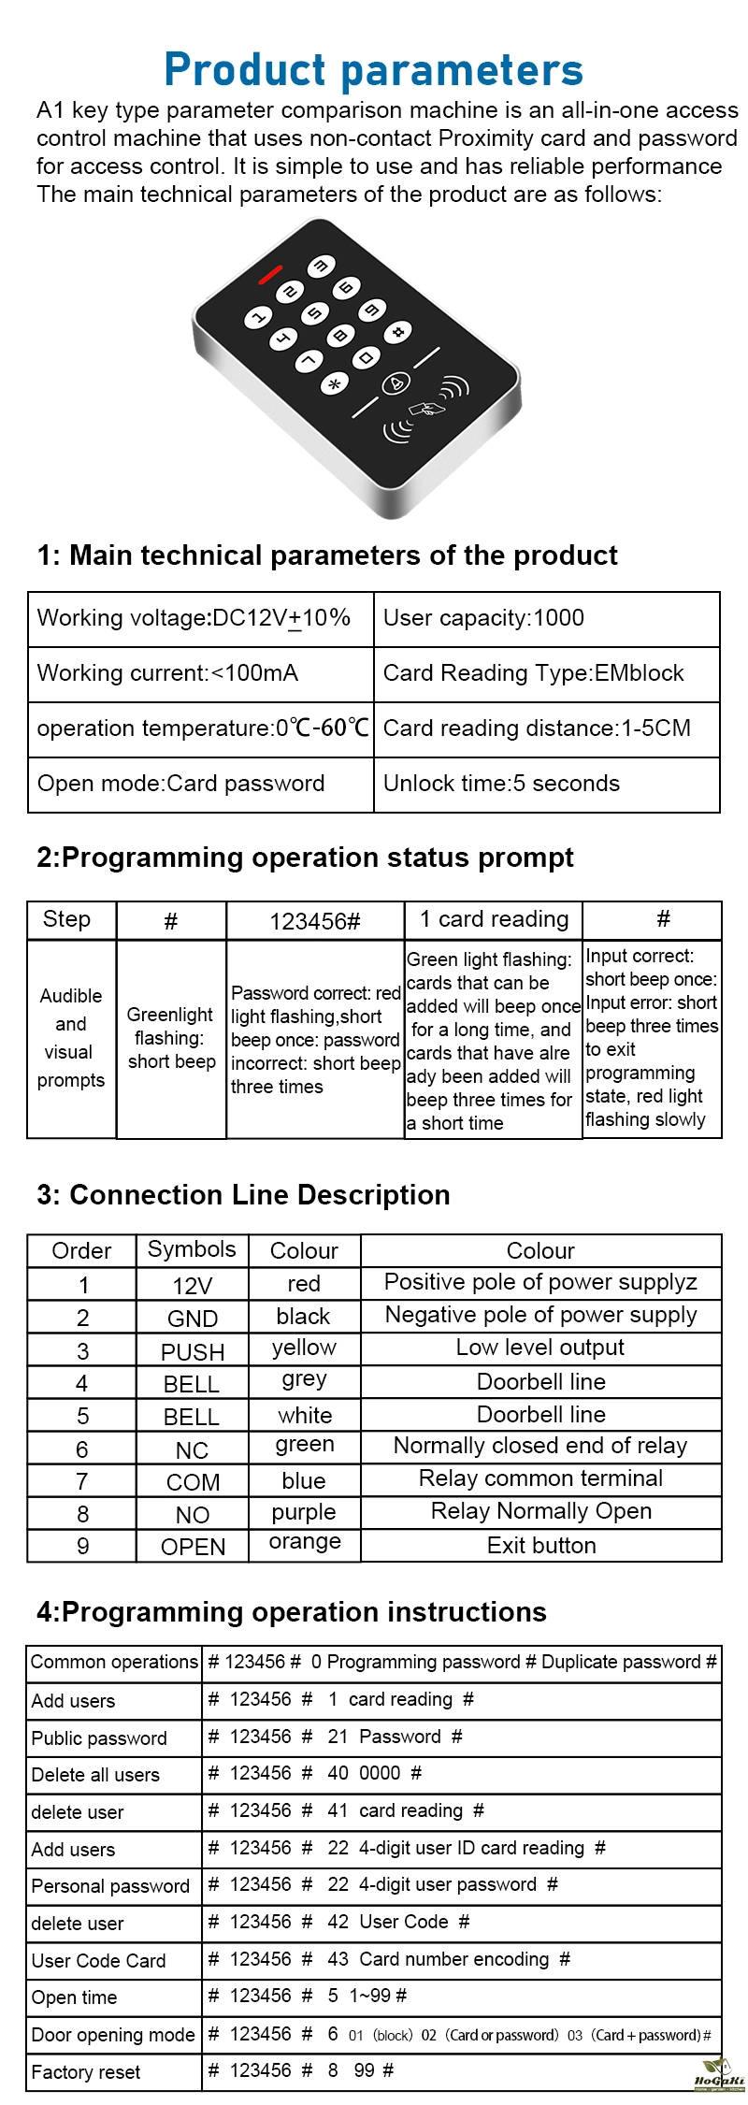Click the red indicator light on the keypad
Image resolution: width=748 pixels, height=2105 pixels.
coord(270,275)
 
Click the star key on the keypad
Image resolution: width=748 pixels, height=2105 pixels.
coord(334,382)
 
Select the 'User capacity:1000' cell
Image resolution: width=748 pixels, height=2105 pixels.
coord(546,618)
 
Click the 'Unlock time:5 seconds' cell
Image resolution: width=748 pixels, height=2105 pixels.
coord(546,784)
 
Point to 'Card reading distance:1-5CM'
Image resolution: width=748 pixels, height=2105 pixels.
coord(546,728)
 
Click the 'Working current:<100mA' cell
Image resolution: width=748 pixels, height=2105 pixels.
coord(200,673)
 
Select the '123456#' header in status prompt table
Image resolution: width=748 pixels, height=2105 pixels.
coord(315,921)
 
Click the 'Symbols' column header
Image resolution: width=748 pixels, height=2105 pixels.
coord(192,1249)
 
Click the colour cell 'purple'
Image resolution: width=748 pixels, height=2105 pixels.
coord(304,1512)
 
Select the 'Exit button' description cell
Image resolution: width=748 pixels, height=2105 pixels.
coord(541,1546)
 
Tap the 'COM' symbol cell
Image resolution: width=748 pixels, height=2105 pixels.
coord(193,1482)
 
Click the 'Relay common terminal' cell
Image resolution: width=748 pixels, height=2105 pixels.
coord(541,1478)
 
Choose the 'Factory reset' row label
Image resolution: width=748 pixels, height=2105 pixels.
coord(86,2072)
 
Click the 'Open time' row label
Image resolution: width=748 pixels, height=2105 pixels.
coord(75,1997)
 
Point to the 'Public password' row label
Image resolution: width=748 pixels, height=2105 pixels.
coord(99,1738)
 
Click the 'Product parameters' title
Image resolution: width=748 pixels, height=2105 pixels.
coord(374,69)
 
